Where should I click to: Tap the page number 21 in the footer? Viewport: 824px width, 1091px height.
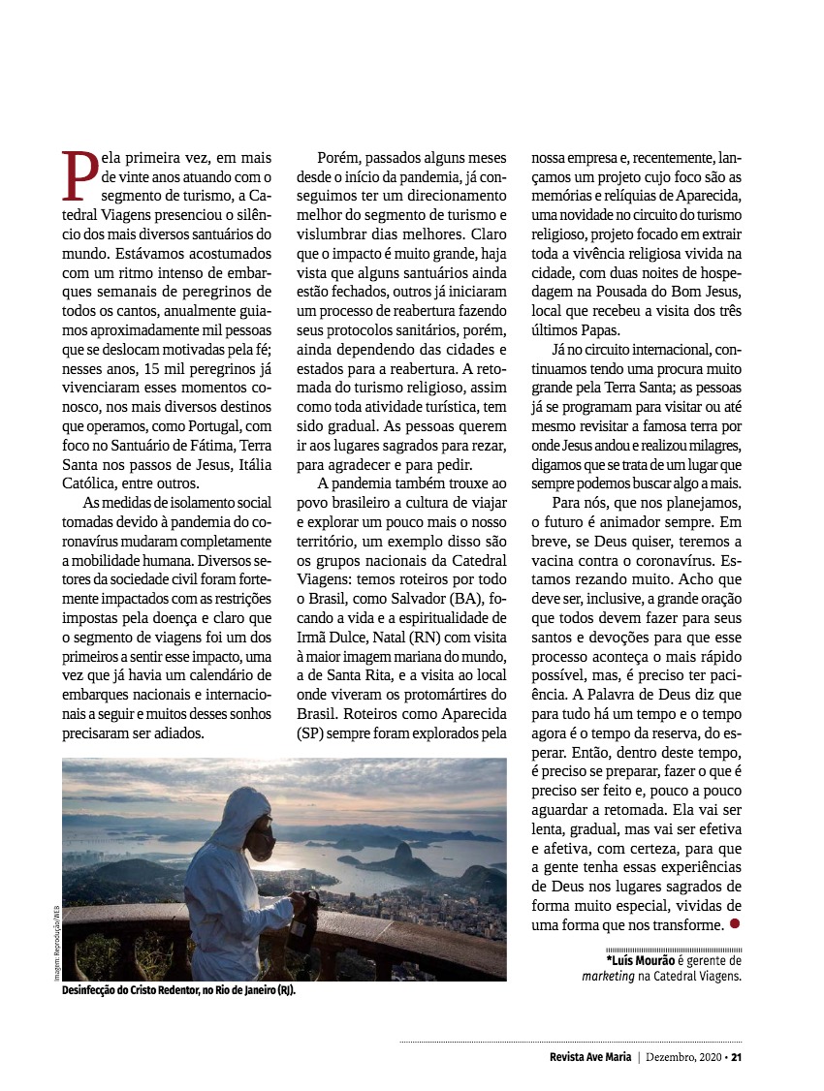pos(737,1056)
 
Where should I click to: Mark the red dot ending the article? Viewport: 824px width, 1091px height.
pos(735,923)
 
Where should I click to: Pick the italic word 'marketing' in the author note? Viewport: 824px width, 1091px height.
pos(608,976)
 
